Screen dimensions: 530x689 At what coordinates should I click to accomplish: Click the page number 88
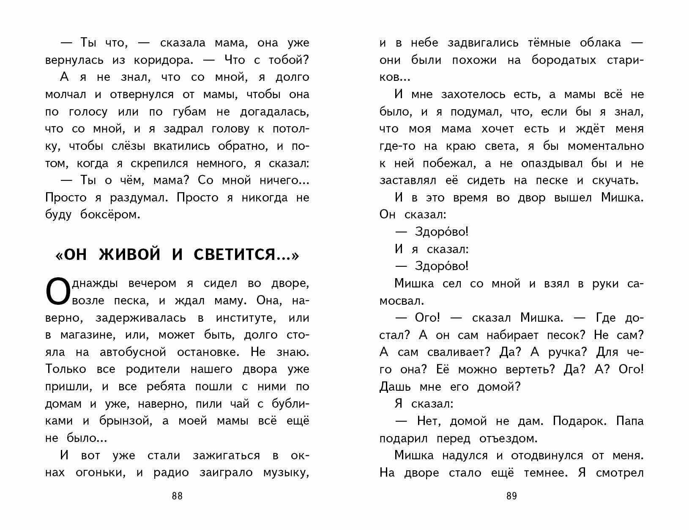coord(177,496)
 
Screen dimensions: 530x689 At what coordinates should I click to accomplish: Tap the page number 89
coord(511,496)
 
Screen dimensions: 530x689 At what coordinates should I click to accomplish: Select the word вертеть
coord(529,370)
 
